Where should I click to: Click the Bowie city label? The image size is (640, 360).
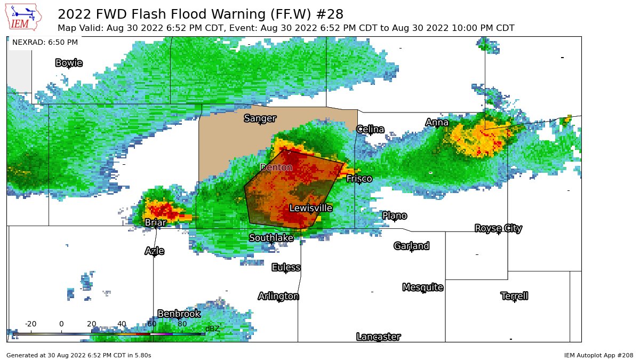pos(69,63)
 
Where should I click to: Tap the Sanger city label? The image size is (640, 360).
pos(260,118)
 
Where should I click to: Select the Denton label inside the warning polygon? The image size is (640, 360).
pos(276,167)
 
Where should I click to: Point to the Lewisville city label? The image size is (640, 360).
pos(310,208)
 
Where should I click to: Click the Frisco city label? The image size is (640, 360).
pos(359,179)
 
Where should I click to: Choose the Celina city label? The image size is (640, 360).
pos(370,129)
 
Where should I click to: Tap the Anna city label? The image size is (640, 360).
pos(437,123)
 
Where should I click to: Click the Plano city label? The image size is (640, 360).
pos(395,215)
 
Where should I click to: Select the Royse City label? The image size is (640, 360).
pos(498,228)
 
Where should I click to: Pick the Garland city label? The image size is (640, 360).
pos(411,246)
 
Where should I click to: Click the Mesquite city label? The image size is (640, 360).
pos(422,287)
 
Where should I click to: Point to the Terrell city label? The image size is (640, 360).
pos(514,296)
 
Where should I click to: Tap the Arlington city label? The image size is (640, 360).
pos(278,296)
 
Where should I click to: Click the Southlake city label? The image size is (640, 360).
pos(271,238)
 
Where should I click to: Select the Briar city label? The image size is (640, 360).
pos(155,222)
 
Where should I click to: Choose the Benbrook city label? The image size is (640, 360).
pos(179,314)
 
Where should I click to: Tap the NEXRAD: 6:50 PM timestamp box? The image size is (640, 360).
pos(45,43)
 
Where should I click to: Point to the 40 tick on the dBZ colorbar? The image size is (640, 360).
pos(122,324)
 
